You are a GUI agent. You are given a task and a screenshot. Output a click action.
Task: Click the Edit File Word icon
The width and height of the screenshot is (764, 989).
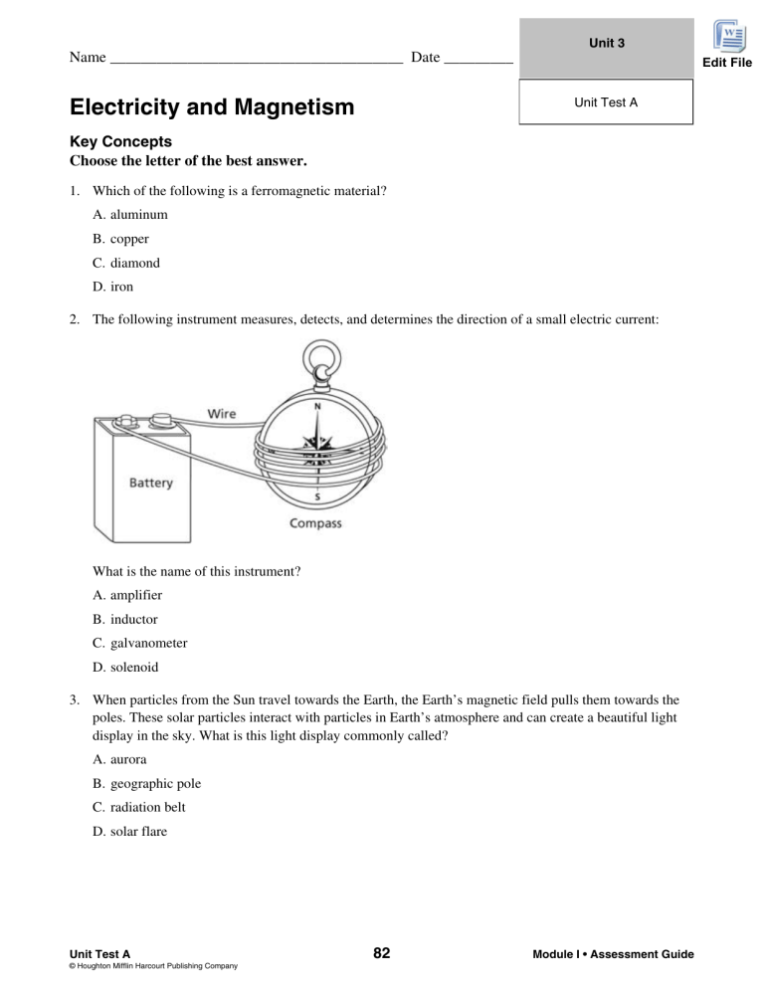point(733,40)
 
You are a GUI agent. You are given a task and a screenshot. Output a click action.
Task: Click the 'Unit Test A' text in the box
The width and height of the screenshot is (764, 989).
point(606,102)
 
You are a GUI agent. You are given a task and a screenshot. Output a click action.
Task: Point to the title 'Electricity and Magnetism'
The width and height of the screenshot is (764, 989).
point(212,106)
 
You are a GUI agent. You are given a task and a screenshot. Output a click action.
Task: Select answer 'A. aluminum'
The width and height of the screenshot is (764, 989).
point(129,214)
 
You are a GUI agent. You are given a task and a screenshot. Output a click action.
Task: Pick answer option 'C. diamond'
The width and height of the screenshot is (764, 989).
point(125,264)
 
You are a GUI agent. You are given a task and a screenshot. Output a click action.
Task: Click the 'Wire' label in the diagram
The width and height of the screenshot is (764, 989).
point(221,413)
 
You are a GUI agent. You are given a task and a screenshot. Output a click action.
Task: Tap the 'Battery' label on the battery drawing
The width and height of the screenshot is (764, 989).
point(150,483)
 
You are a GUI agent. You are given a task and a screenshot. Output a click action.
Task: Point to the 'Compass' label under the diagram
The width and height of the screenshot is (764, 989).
point(315,523)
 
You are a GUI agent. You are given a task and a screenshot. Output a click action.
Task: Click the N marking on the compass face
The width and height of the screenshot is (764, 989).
point(317,406)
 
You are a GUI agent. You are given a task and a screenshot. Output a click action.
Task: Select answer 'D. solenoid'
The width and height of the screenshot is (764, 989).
point(127,668)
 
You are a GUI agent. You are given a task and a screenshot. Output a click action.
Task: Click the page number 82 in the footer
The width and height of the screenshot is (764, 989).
point(381,954)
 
